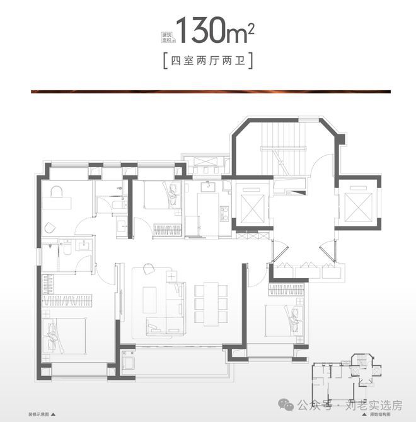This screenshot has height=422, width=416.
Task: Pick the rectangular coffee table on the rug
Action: [150, 301]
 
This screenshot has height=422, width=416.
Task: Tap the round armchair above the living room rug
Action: [149, 269]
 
